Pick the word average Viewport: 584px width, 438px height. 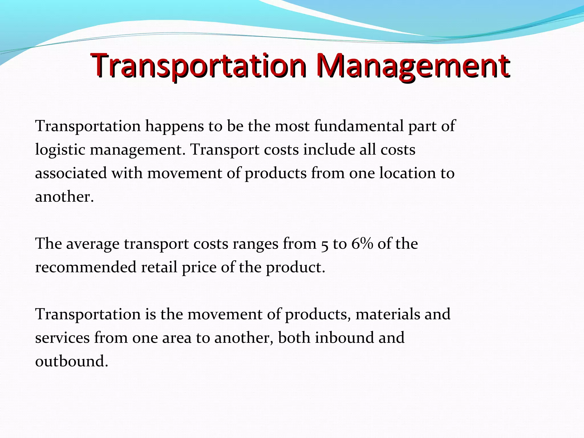[x=93, y=244]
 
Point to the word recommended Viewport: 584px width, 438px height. [x=86, y=267]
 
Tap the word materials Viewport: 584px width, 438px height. [x=388, y=314]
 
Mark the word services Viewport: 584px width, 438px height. [x=62, y=338]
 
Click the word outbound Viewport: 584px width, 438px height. [x=71, y=361]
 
